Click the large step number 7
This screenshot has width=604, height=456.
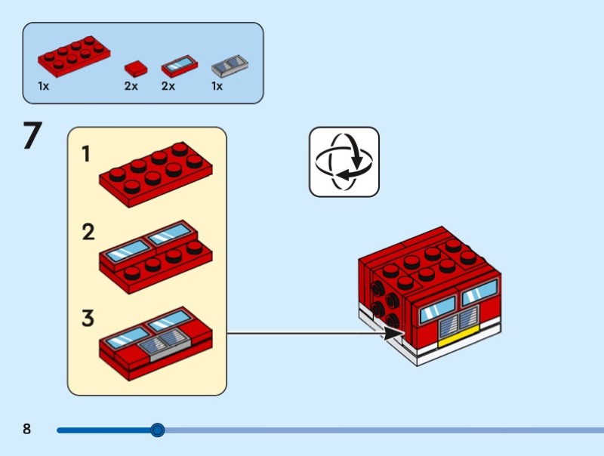(x=32, y=137)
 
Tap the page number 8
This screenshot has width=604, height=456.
(x=27, y=430)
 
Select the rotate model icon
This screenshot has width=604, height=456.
(x=344, y=162)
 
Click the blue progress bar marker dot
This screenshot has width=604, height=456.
(x=157, y=430)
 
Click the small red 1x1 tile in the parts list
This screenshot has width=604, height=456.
(x=134, y=68)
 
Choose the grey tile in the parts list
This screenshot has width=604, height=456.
(x=230, y=66)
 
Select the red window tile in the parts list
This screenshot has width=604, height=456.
(x=179, y=66)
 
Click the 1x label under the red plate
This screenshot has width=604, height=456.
(x=44, y=86)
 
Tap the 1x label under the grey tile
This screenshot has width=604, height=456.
(x=217, y=86)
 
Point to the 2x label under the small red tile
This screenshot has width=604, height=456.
(x=131, y=86)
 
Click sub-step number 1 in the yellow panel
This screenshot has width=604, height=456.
(x=87, y=155)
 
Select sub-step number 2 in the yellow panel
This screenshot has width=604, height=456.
(x=88, y=233)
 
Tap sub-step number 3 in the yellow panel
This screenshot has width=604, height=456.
(x=88, y=318)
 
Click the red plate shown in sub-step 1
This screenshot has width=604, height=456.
(x=154, y=173)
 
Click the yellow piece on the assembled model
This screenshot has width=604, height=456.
(x=458, y=338)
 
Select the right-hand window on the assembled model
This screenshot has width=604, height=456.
(x=479, y=291)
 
